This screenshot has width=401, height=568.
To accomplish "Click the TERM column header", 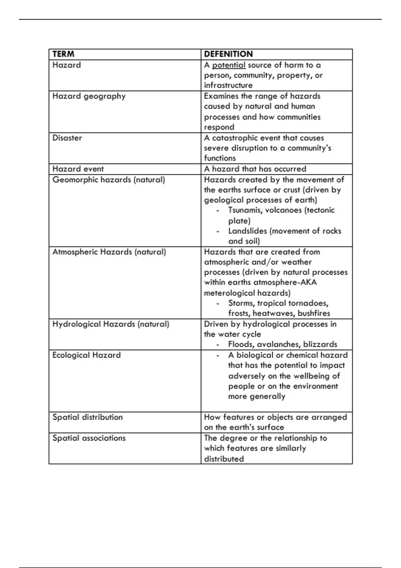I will pyautogui.click(x=63, y=54).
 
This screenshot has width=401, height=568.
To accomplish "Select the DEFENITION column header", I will pyautogui.click(x=228, y=54).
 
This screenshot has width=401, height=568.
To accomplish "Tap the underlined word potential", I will pyautogui.click(x=229, y=65).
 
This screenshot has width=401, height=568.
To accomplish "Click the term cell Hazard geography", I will pyautogui.click(x=89, y=96).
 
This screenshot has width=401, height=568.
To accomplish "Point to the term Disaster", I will pyautogui.click(x=67, y=138).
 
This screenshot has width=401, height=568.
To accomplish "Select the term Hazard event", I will pyautogui.click(x=78, y=169).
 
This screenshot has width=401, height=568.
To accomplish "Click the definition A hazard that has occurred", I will pyautogui.click(x=255, y=169).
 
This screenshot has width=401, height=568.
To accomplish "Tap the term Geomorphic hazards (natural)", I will pyautogui.click(x=109, y=180).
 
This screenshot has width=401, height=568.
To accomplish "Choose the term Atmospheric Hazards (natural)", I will pyautogui.click(x=109, y=252).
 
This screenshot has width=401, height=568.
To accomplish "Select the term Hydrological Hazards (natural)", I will pyautogui.click(x=111, y=324).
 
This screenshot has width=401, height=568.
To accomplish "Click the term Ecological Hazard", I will pyautogui.click(x=86, y=355).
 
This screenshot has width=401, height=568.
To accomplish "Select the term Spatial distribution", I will pyautogui.click(x=88, y=417).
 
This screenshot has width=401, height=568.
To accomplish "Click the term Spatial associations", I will pyautogui.click(x=89, y=438).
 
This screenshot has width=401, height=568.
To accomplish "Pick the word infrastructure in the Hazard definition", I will pyautogui.click(x=228, y=85).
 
